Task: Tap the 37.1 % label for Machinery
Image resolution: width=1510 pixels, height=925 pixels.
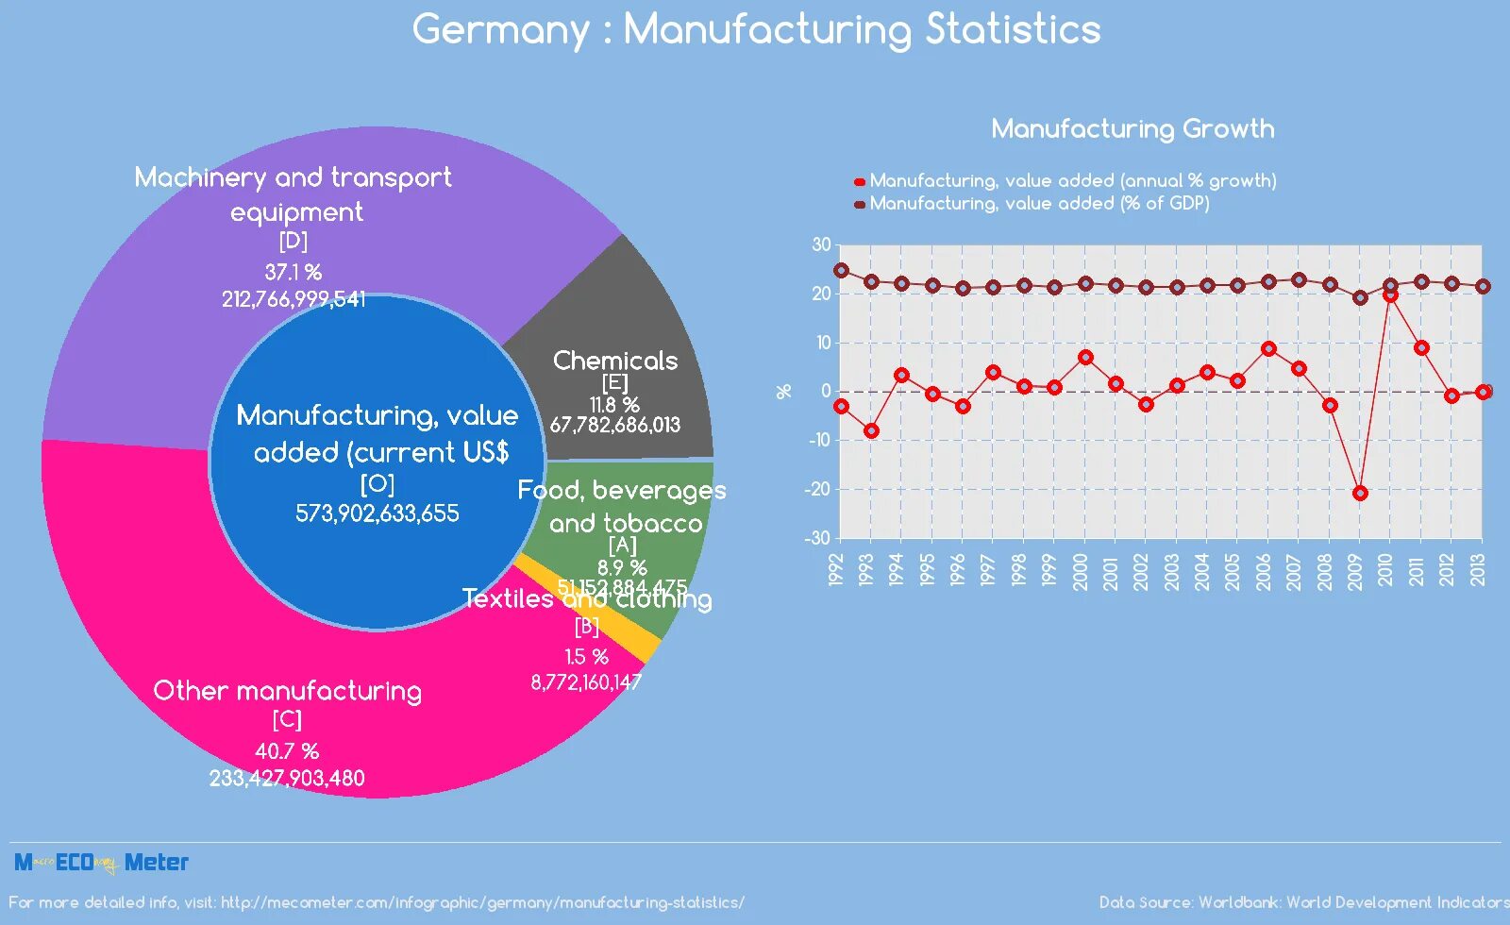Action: pos(293,273)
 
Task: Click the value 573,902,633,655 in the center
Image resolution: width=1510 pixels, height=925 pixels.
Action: pos(377,513)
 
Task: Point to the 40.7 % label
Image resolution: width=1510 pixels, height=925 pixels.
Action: pos(287,751)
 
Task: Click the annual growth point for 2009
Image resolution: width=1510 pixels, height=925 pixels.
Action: pos(1360,493)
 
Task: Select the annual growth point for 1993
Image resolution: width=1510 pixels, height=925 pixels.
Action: pos(871,430)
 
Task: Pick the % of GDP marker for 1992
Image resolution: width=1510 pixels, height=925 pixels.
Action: pos(841,270)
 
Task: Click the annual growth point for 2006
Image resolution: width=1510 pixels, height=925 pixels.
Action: pos(1268,348)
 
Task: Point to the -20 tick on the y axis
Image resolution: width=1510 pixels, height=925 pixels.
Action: pos(818,489)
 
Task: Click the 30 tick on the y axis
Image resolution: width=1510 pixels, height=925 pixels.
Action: pos(821,244)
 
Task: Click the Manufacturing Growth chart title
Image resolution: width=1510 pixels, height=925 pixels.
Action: pos(1132,128)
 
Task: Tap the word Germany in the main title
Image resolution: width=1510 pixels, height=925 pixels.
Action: pos(500,29)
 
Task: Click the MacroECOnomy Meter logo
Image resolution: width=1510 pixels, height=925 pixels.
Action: pos(101,862)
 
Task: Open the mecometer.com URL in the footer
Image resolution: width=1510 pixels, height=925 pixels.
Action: pos(481,902)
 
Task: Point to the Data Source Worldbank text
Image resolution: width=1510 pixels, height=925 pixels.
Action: pos(1302,902)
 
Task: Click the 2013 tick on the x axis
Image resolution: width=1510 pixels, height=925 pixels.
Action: pos(1478,570)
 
